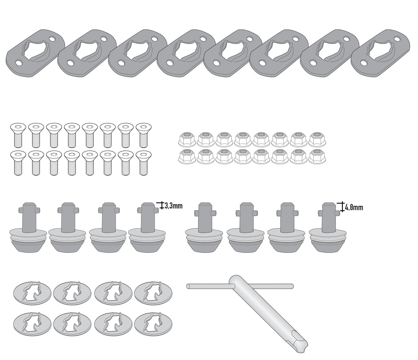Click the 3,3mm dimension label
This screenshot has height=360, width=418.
click(173, 206)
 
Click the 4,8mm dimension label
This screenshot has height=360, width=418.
click(354, 207)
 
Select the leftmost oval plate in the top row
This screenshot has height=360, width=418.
click(36, 53)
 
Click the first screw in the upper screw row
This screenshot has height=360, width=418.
click(18, 135)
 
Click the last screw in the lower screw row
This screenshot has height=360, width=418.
click(144, 163)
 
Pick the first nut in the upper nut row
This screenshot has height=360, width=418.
click(187, 139)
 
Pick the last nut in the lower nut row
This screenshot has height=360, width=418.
click(317, 156)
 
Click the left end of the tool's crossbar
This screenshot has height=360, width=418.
click(188, 286)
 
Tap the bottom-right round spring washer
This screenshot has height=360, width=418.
click(153, 324)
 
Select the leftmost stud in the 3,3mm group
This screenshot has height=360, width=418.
click(28, 228)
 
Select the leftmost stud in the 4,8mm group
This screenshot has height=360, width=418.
click(204, 228)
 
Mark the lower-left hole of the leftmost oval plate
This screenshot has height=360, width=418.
click(18, 63)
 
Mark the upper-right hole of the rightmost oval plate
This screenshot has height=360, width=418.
click(399, 39)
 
